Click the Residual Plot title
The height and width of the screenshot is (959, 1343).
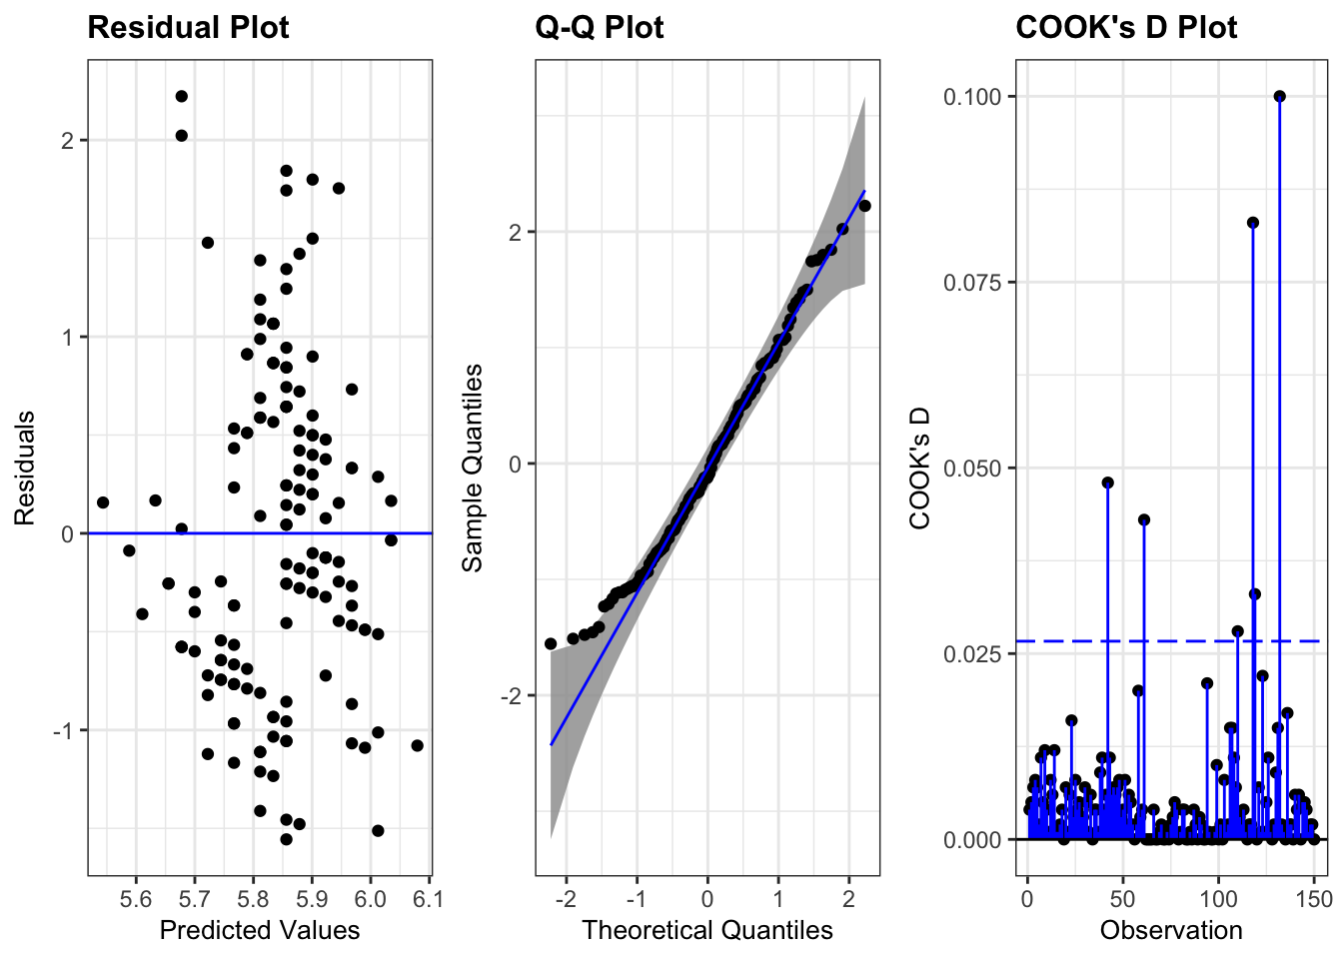pyautogui.click(x=188, y=28)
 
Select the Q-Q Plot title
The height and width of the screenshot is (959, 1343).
pyautogui.click(x=600, y=28)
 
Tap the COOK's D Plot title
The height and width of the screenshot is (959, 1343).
pyautogui.click(x=1126, y=28)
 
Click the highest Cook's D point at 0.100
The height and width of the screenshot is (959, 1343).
pyautogui.click(x=1280, y=96)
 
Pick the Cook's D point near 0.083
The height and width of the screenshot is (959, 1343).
pyautogui.click(x=1253, y=223)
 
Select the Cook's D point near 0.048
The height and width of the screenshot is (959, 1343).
pyautogui.click(x=1108, y=482)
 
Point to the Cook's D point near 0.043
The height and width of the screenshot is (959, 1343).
pyautogui.click(x=1144, y=519)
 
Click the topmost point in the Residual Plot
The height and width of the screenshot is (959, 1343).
pyautogui.click(x=182, y=96)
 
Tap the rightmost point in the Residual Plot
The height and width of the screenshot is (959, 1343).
pyautogui.click(x=417, y=745)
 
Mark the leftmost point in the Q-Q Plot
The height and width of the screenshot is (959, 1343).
pyautogui.click(x=551, y=643)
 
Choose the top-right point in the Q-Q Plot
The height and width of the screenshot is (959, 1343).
pyautogui.click(x=864, y=206)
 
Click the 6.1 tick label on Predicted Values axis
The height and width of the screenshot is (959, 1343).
pyautogui.click(x=429, y=899)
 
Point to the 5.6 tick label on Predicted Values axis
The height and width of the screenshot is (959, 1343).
pyautogui.click(x=136, y=899)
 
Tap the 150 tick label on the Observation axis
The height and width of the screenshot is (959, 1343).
pyautogui.click(x=1313, y=899)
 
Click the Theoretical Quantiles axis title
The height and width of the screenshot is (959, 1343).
pyautogui.click(x=707, y=931)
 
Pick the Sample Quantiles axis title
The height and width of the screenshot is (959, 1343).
pyautogui.click(x=472, y=468)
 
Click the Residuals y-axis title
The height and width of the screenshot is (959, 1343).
pyautogui.click(x=24, y=468)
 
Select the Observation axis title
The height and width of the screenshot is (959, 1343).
pyautogui.click(x=1171, y=931)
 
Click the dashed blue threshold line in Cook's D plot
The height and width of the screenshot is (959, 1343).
pyautogui.click(x=1179, y=640)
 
